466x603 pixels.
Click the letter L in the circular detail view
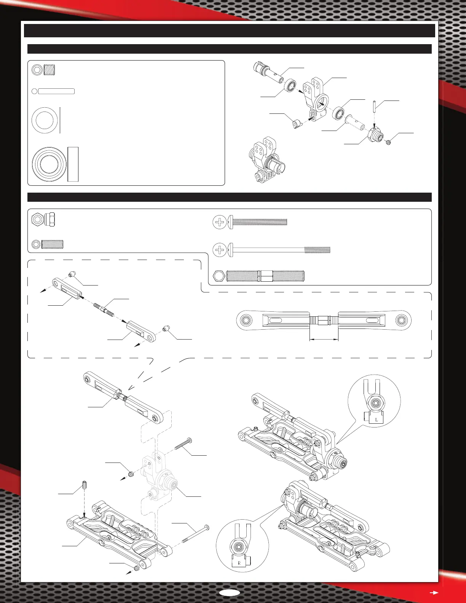(x=376, y=420)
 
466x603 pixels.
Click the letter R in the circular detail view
(x=239, y=563)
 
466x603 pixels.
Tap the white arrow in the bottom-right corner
(x=433, y=592)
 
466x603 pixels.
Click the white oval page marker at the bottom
(x=230, y=593)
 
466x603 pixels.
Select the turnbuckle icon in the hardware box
(x=260, y=276)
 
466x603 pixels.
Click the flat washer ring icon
(x=45, y=120)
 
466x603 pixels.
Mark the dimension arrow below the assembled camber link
(x=324, y=340)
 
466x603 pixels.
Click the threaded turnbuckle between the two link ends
(x=104, y=305)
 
